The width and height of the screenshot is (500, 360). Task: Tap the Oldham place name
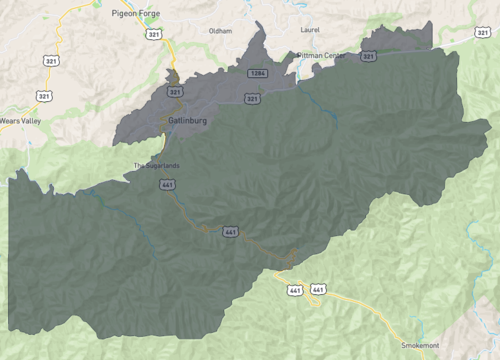pyautogui.click(x=220, y=31)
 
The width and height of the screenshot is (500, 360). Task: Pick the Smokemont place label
pyautogui.click(x=420, y=344)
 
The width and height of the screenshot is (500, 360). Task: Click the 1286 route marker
pyautogui.click(x=257, y=74)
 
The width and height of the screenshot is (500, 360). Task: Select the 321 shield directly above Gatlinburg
pyautogui.click(x=176, y=92)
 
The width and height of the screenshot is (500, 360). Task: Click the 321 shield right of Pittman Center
pyautogui.click(x=369, y=57)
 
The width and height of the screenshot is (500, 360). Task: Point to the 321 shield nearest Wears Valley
pyautogui.click(x=44, y=95)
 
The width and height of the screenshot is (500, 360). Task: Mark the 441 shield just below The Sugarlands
pyautogui.click(x=167, y=185)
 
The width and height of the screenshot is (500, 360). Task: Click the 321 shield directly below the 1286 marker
pyautogui.click(x=252, y=99)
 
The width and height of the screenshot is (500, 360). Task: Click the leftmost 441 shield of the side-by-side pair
pyautogui.click(x=295, y=290)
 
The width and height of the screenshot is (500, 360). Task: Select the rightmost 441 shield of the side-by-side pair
pyautogui.click(x=318, y=290)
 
